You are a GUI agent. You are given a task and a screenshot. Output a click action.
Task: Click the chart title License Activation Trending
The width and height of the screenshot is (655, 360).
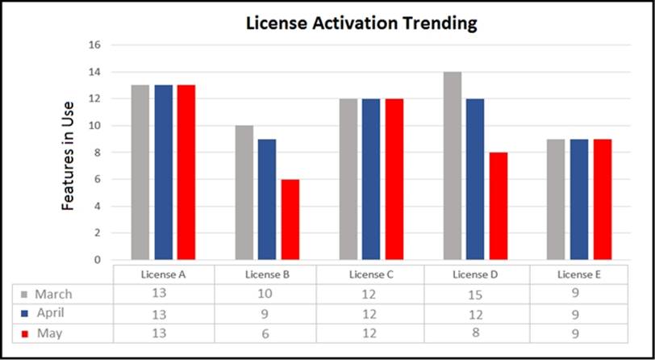click(361, 23)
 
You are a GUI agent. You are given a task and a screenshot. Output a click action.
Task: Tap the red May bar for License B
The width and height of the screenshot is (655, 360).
click(290, 220)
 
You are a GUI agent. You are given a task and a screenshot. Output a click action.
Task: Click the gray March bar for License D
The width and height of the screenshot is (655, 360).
click(452, 165)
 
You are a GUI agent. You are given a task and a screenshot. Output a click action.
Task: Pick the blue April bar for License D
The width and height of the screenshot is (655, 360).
click(475, 179)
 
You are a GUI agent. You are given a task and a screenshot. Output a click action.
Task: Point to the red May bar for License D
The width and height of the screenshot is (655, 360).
click(498, 206)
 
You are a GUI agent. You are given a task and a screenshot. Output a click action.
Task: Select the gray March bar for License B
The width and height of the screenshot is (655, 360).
click(244, 192)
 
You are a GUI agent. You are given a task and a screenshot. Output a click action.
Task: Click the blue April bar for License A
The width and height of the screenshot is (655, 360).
click(164, 172)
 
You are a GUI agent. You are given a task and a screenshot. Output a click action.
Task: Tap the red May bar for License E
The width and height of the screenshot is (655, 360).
click(603, 199)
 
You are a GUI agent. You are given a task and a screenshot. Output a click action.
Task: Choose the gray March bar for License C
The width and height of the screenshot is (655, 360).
click(348, 179)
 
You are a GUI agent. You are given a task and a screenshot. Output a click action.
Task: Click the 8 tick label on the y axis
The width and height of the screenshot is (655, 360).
click(96, 153)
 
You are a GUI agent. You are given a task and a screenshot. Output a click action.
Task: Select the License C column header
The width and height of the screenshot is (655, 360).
click(371, 274)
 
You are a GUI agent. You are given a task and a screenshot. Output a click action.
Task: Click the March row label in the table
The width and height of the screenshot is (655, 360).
click(52, 294)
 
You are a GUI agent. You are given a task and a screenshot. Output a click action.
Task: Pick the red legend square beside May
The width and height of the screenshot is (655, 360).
click(24, 333)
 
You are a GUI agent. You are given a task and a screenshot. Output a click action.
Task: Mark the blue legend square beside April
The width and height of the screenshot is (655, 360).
click(24, 313)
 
